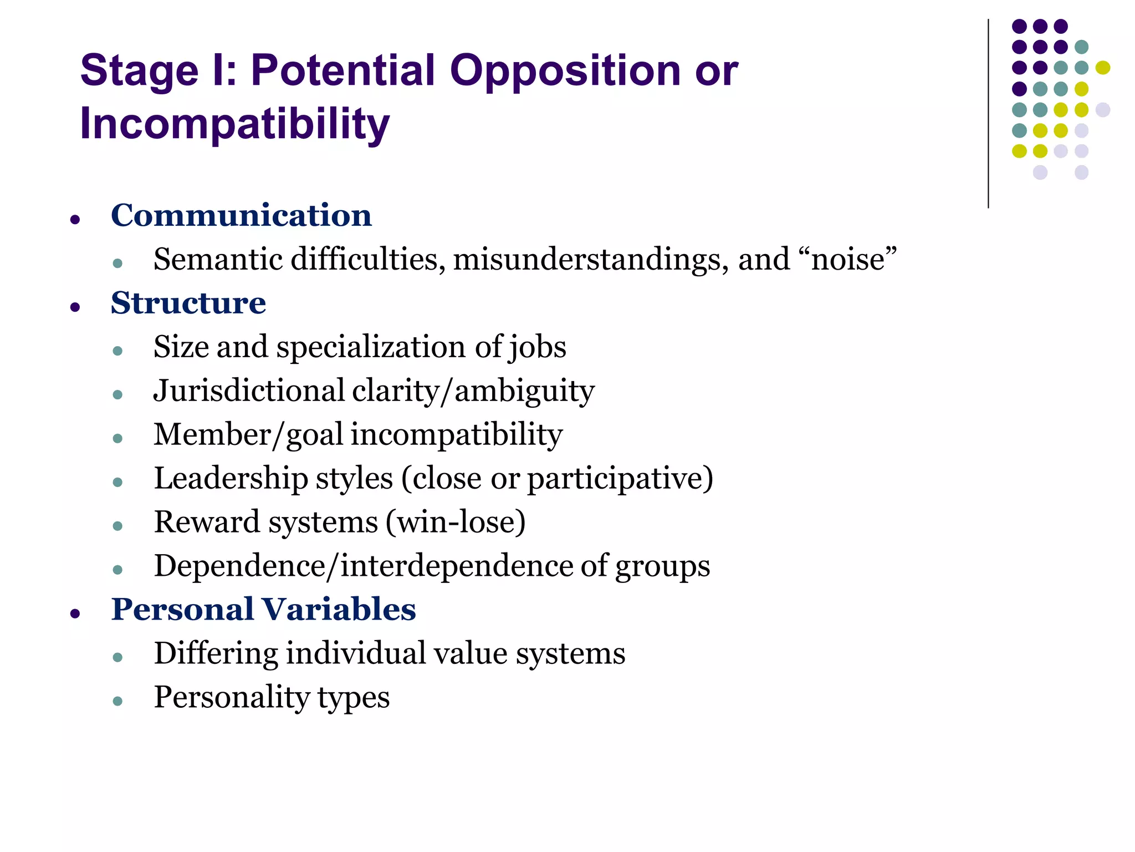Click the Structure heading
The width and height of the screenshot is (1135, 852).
[188, 303]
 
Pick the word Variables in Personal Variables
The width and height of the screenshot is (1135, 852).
[339, 609]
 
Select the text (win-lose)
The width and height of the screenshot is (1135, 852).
[456, 522]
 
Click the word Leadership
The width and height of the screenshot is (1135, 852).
[231, 478]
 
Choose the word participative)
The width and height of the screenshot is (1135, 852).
[620, 479]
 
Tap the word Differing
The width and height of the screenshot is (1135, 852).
[216, 653]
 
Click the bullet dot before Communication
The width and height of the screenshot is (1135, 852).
[75, 220]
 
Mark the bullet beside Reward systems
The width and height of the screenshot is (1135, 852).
[117, 526]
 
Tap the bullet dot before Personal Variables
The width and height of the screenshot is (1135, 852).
[75, 613]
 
